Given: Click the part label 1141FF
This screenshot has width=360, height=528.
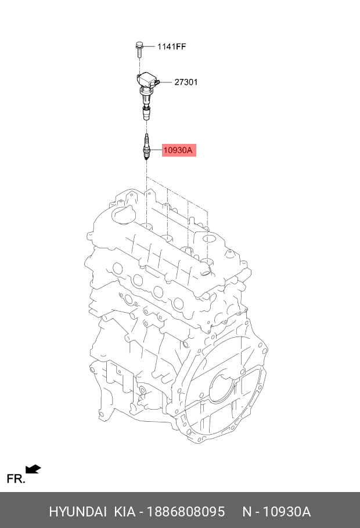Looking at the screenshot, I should tap(171, 46).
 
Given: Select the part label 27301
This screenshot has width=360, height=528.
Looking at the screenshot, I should tap(186, 82).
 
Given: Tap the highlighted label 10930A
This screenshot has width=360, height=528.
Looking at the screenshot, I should tap(178, 151).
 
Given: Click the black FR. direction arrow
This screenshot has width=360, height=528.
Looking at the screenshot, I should tap(34, 469).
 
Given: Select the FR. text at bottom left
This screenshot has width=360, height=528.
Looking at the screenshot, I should tap(15, 479).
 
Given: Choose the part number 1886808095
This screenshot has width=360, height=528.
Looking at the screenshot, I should tap(186, 512).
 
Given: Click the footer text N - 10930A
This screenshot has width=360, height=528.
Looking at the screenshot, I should tap(276, 512).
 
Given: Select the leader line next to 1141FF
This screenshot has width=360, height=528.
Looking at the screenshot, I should tap(150, 46).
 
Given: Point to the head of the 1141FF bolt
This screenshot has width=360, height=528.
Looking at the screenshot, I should tap(139, 44).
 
